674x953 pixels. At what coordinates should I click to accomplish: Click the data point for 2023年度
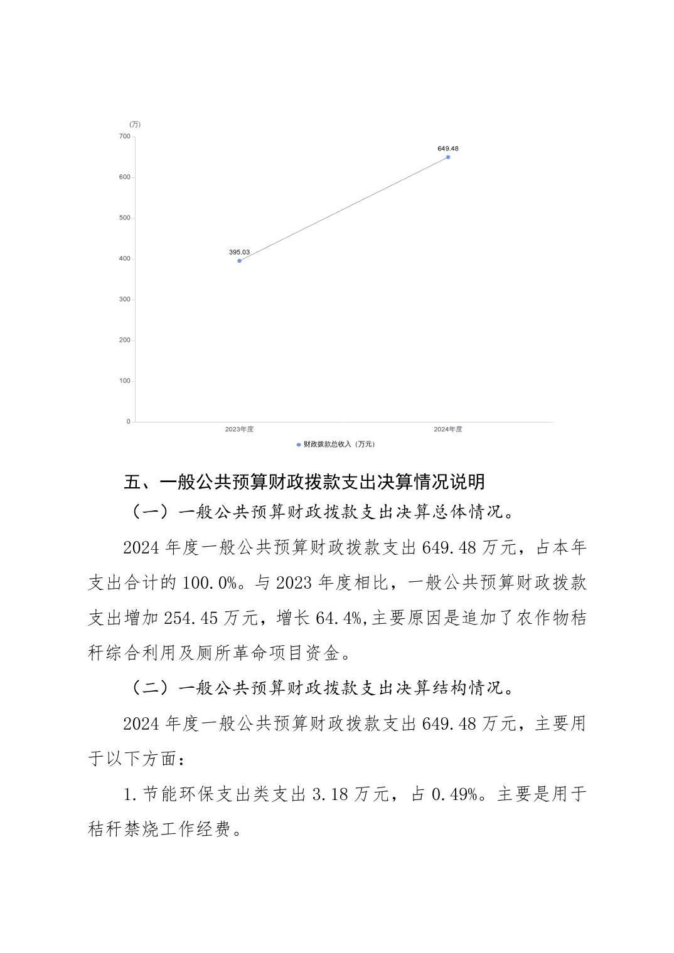point(239,260)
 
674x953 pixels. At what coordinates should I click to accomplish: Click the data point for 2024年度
point(448,157)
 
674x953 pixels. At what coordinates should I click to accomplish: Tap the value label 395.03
point(239,252)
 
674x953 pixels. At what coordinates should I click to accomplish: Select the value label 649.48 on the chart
point(448,149)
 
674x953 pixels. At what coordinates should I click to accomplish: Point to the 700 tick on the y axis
point(124,136)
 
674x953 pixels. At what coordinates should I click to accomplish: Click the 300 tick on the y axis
point(124,299)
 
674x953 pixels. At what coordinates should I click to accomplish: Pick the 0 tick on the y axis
point(128,421)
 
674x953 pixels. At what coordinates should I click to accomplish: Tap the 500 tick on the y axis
point(124,218)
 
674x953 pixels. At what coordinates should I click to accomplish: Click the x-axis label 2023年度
point(239,429)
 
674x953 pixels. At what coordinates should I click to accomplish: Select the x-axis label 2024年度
point(448,429)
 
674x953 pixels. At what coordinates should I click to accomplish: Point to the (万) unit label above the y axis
point(134,124)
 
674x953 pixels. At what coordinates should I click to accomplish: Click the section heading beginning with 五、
point(304,482)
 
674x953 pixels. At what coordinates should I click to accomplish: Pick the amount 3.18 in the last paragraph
point(327,795)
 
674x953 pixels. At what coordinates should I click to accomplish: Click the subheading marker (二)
point(150,688)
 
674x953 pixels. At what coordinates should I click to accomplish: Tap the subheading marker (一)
point(150,512)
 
